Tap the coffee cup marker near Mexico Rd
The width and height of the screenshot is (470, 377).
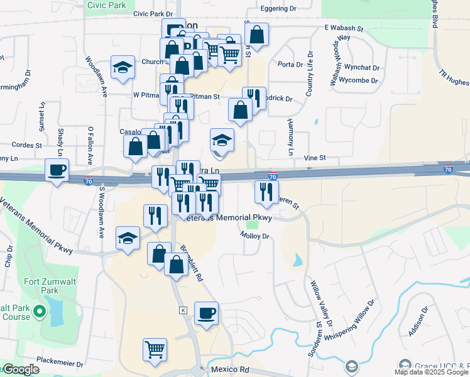205,312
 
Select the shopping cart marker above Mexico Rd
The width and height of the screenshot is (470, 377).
155,349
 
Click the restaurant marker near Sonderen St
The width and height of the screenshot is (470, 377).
266,191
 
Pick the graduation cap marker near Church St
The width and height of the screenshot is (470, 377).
123,67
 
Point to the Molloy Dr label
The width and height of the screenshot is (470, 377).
254,236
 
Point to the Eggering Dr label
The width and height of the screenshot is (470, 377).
280,9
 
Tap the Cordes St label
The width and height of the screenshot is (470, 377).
26,145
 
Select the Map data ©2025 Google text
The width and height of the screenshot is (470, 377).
431,372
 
